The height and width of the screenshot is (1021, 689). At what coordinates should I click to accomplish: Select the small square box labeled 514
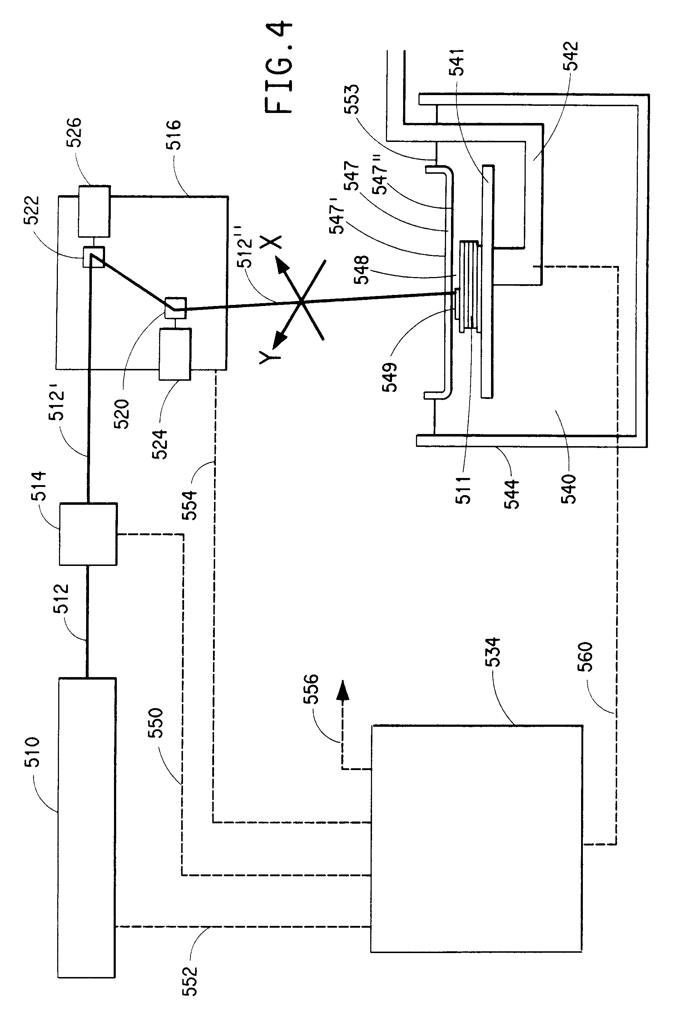[88, 534]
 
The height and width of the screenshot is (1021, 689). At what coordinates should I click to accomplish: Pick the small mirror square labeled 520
[175, 307]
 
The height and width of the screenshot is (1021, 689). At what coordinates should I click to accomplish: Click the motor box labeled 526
[94, 212]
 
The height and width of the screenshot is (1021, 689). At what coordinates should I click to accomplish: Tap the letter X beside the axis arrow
[271, 242]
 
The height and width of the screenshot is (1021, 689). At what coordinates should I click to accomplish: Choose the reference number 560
[586, 656]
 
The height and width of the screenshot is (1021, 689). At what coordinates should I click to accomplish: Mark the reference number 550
[156, 723]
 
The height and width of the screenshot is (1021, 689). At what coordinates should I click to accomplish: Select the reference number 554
[190, 505]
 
